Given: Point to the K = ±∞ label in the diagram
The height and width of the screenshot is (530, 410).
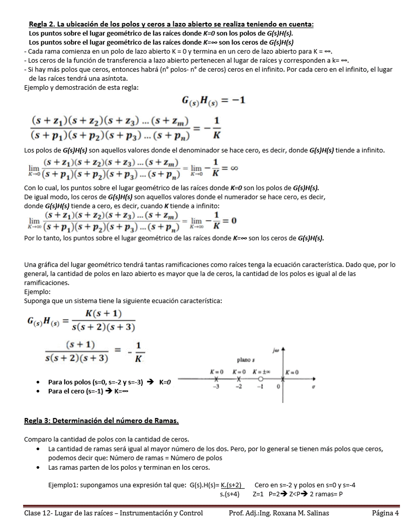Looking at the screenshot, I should point(262,372).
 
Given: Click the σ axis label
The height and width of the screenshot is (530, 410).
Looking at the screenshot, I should point(314,387).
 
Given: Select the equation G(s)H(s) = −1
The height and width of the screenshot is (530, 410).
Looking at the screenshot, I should point(213,101).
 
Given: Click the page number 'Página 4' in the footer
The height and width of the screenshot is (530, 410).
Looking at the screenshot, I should point(385,513).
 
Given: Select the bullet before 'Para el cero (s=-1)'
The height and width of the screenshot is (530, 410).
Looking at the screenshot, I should point(39,391).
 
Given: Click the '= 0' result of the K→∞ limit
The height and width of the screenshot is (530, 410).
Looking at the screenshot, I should point(227,221).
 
